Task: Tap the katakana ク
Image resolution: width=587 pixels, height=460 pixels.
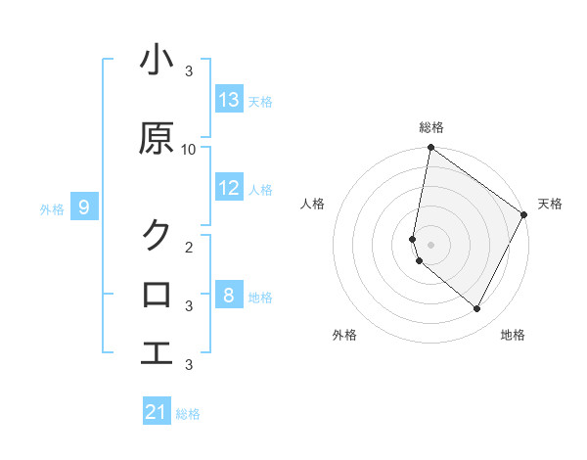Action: click(x=157, y=235)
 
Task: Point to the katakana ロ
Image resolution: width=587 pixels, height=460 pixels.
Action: click(x=157, y=294)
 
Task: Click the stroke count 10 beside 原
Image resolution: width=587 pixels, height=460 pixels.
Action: click(x=189, y=149)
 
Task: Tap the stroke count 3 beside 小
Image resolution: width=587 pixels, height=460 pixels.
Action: click(x=189, y=71)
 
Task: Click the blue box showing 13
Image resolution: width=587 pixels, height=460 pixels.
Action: click(x=229, y=100)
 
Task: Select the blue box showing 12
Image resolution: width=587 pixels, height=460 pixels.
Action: click(x=229, y=189)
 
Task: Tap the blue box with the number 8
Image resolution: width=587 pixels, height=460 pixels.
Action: click(x=229, y=296)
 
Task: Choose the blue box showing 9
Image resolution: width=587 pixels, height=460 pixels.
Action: click(x=84, y=207)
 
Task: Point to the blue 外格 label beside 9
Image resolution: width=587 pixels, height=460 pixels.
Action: click(x=52, y=207)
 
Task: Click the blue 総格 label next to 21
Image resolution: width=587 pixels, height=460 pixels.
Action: click(x=188, y=414)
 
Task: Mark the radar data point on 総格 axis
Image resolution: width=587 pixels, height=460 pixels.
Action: click(x=430, y=149)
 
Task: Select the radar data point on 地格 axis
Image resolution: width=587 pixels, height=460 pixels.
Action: click(x=477, y=309)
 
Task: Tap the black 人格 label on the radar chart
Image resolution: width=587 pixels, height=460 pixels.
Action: click(x=313, y=204)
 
